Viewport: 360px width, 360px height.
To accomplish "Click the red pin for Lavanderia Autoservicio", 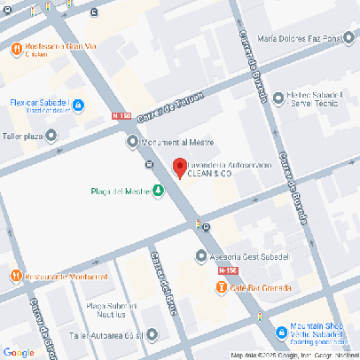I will [178, 167].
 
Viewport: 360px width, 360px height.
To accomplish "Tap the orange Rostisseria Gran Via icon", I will [16, 50].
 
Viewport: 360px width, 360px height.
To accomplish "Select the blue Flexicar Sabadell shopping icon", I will [78, 106].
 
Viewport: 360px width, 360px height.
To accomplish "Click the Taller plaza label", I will [22, 137].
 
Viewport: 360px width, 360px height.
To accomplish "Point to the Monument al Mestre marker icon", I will [133, 141].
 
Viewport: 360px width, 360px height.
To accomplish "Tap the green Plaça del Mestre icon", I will [158, 190].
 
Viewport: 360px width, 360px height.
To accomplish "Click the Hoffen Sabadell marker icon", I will [278, 98].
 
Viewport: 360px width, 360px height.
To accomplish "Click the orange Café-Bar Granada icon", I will [220, 287].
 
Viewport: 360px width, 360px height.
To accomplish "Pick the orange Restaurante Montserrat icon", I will [16, 276].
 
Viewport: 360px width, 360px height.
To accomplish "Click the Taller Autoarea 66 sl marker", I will [152, 335].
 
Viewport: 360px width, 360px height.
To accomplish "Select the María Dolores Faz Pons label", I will [304, 39].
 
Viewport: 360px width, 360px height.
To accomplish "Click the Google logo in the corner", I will [19, 351].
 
